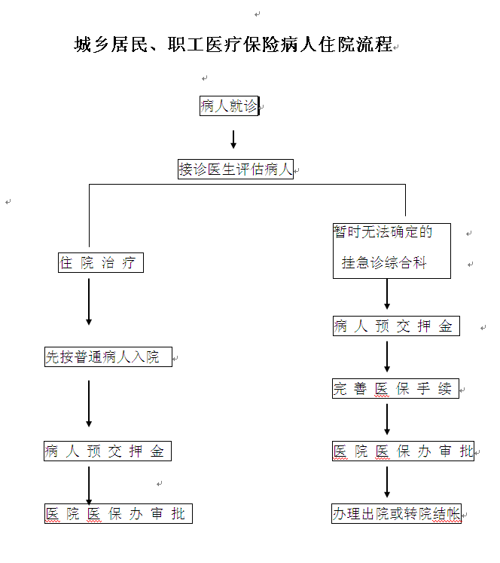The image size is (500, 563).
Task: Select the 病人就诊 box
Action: [x=229, y=106]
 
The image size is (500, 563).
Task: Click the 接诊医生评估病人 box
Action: [x=235, y=170]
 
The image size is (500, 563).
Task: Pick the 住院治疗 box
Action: [x=100, y=263]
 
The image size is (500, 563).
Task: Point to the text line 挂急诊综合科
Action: [x=384, y=263]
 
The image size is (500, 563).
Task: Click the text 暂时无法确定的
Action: [x=383, y=232]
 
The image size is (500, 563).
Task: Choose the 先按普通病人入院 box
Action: [x=108, y=357]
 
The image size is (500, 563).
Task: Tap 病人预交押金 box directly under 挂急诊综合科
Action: [x=395, y=326]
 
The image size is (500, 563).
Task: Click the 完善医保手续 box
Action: [x=395, y=389]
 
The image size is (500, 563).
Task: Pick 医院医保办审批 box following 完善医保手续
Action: [x=403, y=451]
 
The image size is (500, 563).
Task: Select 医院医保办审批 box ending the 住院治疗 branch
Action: [x=117, y=514]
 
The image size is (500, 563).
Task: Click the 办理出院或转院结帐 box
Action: [x=395, y=514]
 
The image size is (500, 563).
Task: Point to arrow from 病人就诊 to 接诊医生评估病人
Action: [x=233, y=139]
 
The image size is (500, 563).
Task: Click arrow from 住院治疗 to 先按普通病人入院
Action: [x=89, y=301]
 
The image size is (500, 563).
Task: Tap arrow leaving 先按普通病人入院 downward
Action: [x=89, y=403]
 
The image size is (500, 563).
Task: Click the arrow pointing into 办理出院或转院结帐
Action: [x=387, y=482]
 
